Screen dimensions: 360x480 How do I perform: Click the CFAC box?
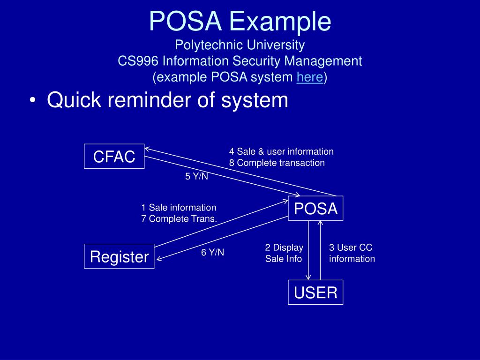114,157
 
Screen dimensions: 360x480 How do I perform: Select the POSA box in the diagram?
315,208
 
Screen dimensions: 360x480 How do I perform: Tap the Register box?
119,256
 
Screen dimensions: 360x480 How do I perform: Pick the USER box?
315,292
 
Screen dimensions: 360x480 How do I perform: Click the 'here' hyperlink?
309,77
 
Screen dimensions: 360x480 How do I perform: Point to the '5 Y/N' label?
196,177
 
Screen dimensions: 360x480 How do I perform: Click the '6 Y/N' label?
213,252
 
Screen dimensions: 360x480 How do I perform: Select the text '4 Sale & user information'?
281,151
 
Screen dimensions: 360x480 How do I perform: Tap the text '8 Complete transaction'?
277,163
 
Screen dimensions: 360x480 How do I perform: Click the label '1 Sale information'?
179,207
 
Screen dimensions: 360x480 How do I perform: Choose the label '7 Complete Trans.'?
179,218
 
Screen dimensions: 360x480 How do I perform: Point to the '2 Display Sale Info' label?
284,253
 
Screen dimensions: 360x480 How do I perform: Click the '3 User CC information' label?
352,253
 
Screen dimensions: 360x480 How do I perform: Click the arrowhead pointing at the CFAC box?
147,149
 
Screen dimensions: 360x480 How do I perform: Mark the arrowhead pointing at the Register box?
159,258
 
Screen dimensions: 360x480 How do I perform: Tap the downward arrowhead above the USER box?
308,277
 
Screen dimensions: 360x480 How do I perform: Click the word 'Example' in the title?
280,21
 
